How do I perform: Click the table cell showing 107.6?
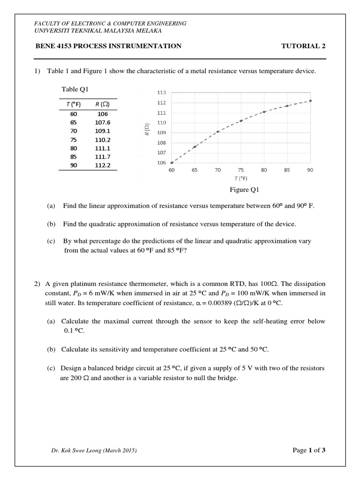[x=102, y=122]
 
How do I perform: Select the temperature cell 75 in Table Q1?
[x=74, y=140]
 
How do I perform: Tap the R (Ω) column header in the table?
[x=102, y=104]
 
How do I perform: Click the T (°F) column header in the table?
[x=74, y=104]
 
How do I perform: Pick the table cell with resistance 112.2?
[x=102, y=165]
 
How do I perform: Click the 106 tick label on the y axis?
[x=161, y=163]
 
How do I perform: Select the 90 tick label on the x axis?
[x=310, y=170]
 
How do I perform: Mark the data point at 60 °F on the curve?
[x=172, y=163]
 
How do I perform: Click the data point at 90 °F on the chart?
[x=310, y=100]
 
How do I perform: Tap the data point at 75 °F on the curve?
[x=241, y=121]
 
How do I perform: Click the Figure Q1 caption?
[x=244, y=190]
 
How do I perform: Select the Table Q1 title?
[x=75, y=89]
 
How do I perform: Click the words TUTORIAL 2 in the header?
[x=303, y=46]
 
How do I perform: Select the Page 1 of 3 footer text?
[x=308, y=450]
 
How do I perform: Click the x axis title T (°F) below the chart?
[x=241, y=179]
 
